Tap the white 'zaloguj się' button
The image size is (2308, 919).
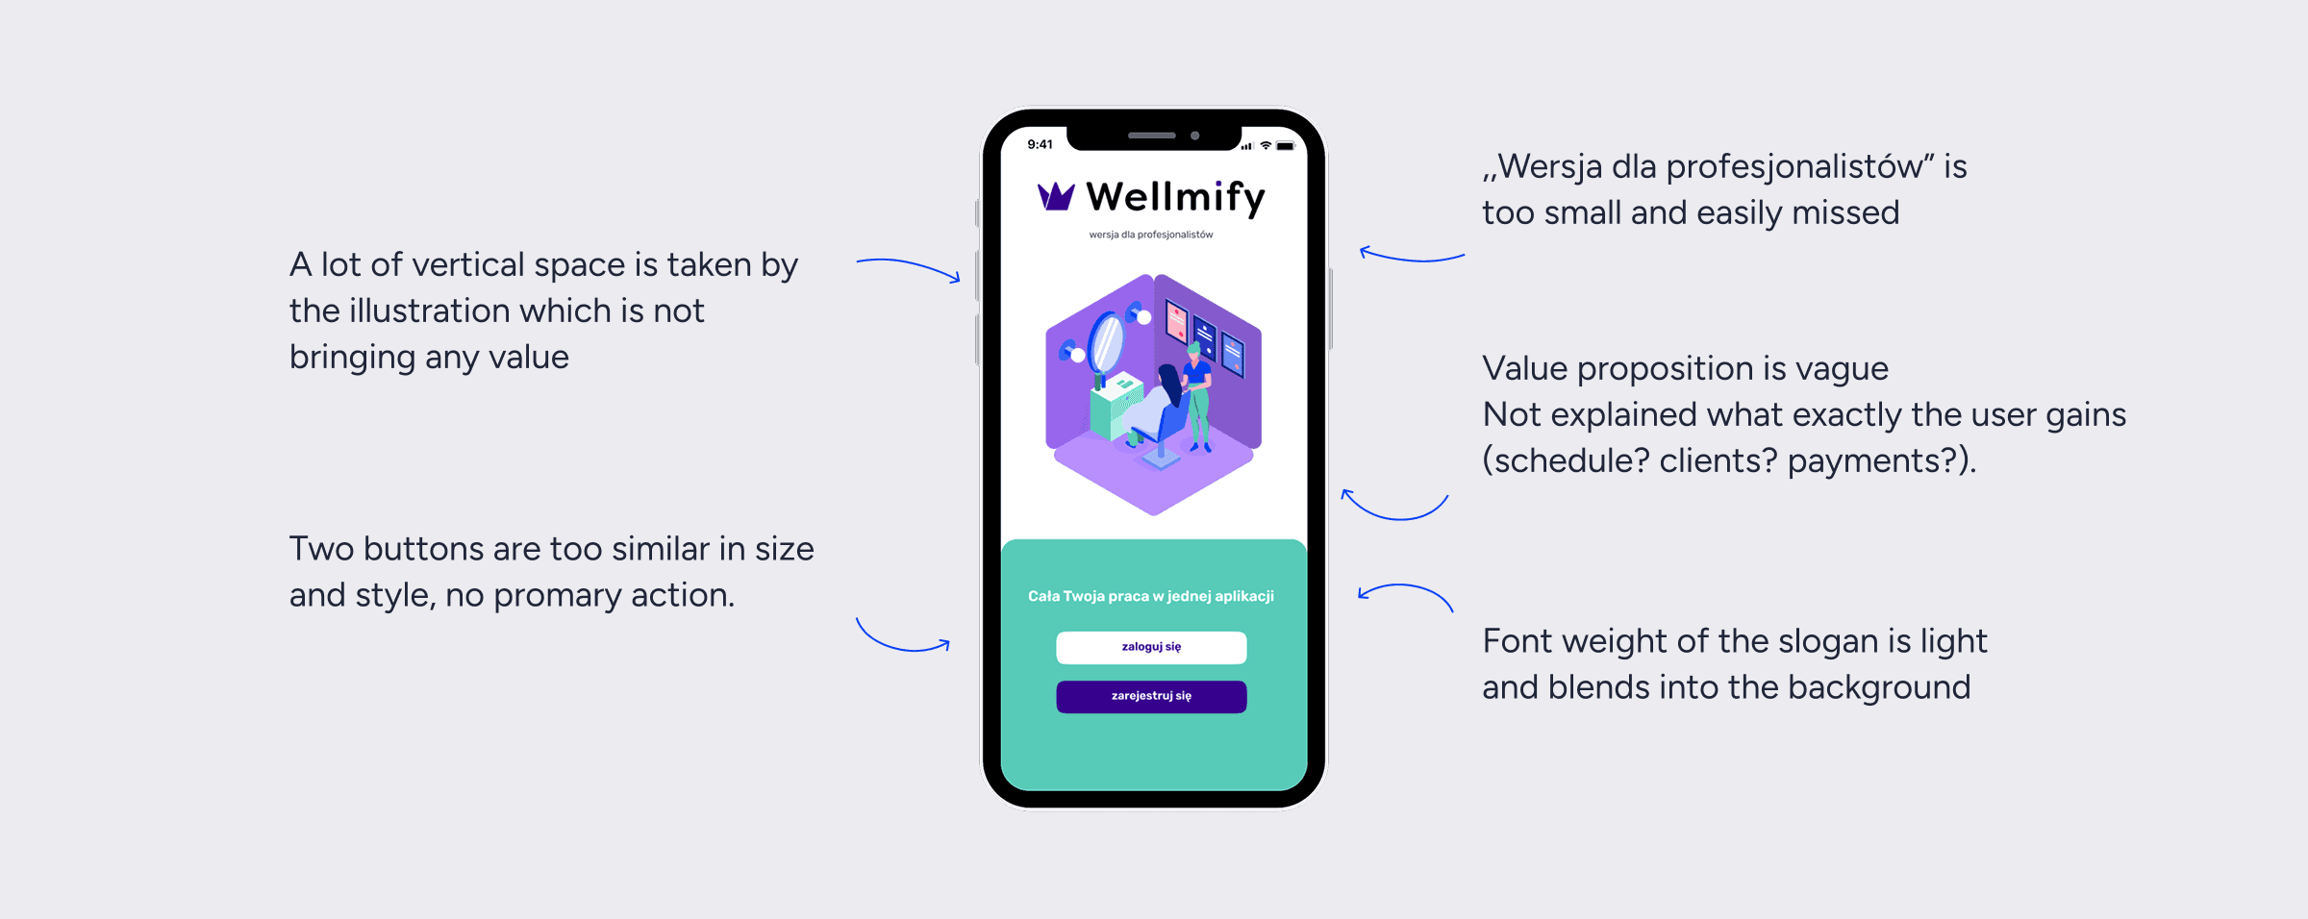coord(1151,647)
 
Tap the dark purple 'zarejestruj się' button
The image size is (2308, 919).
coord(1151,696)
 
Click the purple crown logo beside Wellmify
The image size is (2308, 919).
coord(1055,197)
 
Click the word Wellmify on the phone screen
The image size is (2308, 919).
coord(1175,198)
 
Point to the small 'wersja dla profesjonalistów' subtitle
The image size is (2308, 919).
coord(1150,235)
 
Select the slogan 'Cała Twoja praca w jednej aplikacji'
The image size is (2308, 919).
coord(1150,596)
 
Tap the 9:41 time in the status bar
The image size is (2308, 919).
coord(1040,145)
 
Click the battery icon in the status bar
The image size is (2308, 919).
coord(1285,146)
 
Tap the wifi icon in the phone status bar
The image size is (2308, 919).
coord(1266,146)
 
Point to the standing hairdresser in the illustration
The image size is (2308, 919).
coord(1198,394)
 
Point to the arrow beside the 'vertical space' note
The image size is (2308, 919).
coord(908,268)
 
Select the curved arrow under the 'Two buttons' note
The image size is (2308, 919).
coord(902,638)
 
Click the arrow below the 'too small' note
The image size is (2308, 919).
coord(1411,256)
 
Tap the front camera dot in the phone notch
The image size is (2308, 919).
coord(1195,136)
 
